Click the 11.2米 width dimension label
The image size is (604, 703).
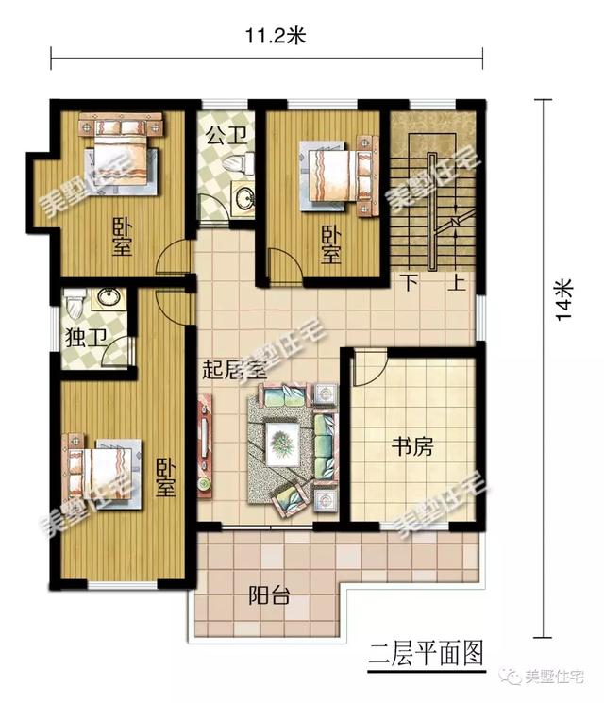277,37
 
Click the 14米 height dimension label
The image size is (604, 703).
563,301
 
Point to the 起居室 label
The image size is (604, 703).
234,370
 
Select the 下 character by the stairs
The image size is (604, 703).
410,282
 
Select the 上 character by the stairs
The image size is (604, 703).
458,282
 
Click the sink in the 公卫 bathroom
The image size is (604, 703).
243,200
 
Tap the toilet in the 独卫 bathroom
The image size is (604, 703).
77,305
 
